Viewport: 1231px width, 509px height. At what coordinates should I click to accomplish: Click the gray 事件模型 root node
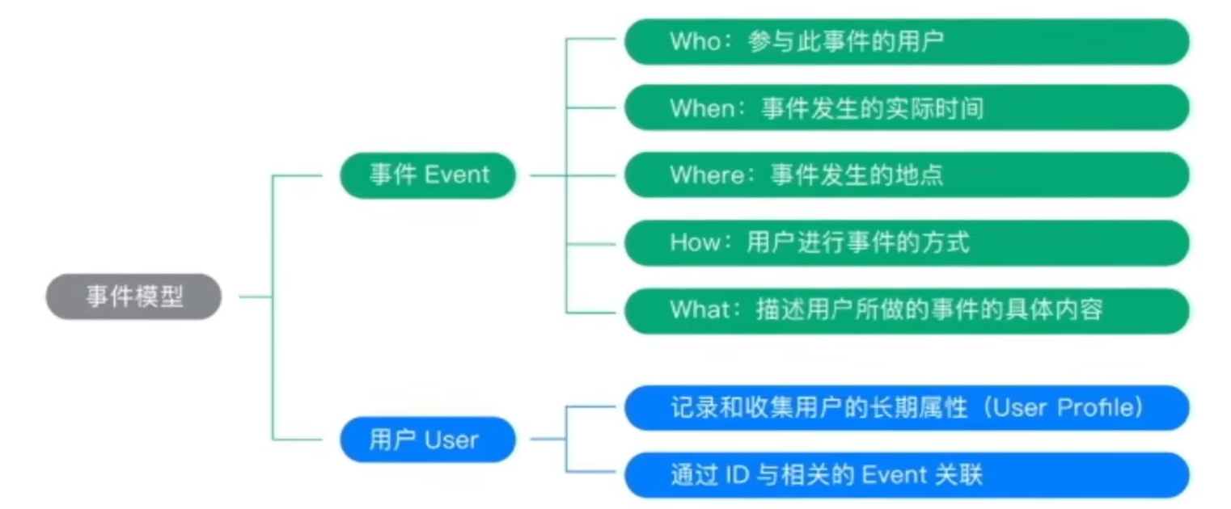[x=133, y=297]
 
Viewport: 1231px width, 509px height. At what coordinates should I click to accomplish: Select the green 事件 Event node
[x=428, y=175]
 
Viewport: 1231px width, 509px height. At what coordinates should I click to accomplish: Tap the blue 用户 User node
[x=428, y=440]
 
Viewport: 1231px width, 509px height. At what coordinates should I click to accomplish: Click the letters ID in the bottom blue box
[x=739, y=474]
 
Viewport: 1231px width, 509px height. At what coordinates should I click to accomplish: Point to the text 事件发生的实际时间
[x=872, y=108]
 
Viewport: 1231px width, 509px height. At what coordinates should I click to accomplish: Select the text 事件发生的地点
[x=857, y=175]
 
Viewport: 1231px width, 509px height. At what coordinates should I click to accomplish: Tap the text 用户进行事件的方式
[x=857, y=242]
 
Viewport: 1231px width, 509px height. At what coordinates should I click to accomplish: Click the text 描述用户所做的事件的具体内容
[x=929, y=309]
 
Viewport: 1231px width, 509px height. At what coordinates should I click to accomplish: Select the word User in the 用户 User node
[x=451, y=440]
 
